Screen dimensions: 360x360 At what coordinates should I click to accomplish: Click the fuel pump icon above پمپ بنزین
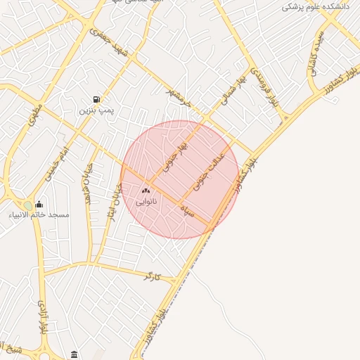coord(96,99)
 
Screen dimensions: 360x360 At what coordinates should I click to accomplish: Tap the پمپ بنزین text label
coord(96,111)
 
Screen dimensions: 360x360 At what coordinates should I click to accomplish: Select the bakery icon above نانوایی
coord(146,191)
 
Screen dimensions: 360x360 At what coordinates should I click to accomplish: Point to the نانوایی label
coord(146,202)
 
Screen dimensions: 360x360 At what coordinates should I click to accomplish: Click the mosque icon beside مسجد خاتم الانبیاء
coord(39,204)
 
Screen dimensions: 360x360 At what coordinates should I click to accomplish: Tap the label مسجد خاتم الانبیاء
coord(39,214)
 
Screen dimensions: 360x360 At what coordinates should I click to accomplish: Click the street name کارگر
coord(152,277)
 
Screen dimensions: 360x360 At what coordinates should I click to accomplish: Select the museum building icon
coord(75,354)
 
